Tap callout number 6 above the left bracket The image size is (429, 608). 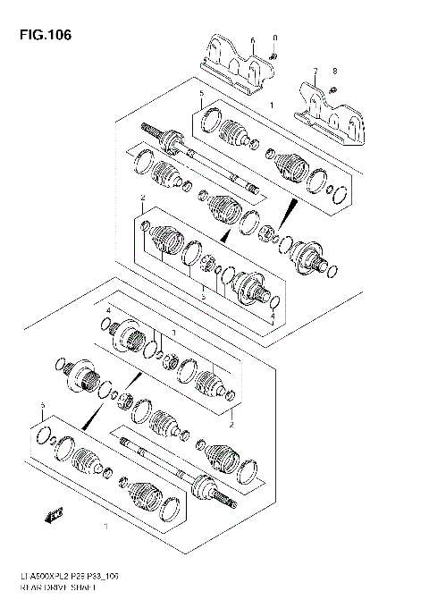click(253, 40)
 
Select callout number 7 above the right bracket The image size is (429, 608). click(315, 70)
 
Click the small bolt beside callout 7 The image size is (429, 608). click(332, 88)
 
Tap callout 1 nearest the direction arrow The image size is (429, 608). click(107, 526)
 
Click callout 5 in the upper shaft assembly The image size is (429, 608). click(202, 94)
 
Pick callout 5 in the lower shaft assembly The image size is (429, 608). click(41, 408)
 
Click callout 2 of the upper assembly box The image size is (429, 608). click(142, 197)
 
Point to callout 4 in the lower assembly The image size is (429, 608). click(107, 310)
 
